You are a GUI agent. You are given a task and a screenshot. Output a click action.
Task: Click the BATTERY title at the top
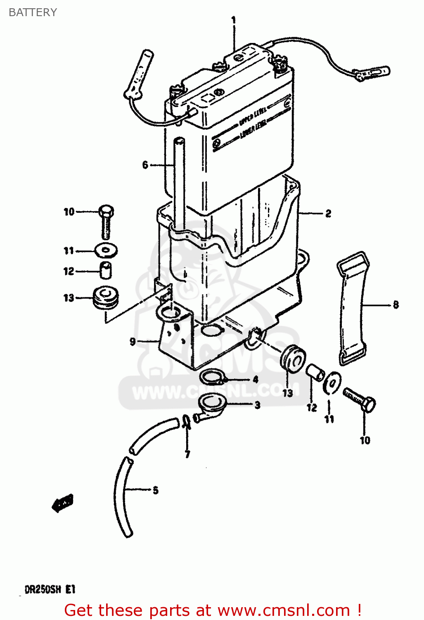pyautogui.click(x=33, y=12)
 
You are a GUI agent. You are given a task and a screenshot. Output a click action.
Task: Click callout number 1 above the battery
pyautogui.click(x=234, y=19)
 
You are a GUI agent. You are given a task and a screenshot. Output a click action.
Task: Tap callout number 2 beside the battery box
pyautogui.click(x=328, y=213)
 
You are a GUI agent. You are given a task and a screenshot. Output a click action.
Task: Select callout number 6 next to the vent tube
pyautogui.click(x=145, y=165)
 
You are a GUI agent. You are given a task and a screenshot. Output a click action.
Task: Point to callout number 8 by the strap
pyautogui.click(x=396, y=305)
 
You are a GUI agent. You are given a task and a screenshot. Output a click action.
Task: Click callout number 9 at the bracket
pyautogui.click(x=133, y=341)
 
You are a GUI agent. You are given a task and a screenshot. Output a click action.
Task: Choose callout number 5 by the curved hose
pyautogui.click(x=155, y=490)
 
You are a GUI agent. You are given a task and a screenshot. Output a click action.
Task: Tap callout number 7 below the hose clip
pyautogui.click(x=187, y=455)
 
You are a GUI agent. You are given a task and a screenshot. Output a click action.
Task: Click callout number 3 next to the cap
pyautogui.click(x=257, y=405)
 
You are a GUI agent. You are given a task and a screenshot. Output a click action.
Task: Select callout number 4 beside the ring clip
pyautogui.click(x=256, y=379)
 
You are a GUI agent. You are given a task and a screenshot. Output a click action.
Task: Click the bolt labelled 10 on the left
pyautogui.click(x=106, y=221)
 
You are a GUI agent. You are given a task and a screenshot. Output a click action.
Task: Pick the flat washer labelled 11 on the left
pyautogui.click(x=106, y=250)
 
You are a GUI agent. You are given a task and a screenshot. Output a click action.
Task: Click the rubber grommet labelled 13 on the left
pyautogui.click(x=106, y=298)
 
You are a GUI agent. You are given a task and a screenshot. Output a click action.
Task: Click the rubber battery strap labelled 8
pyautogui.click(x=351, y=308)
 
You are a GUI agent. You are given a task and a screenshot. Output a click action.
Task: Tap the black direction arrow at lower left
pyautogui.click(x=62, y=503)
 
